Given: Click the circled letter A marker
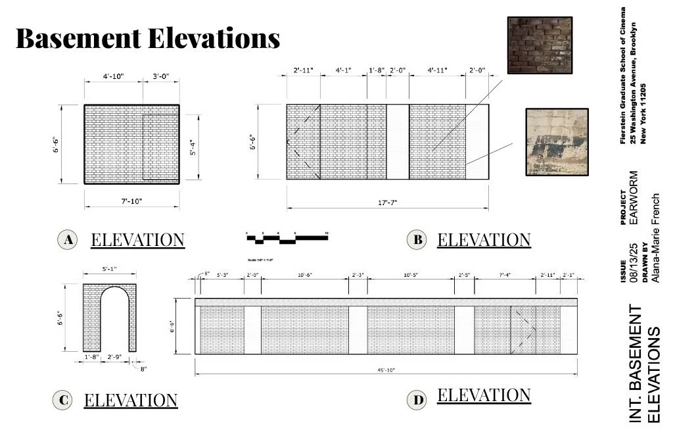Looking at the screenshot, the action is point(67,240).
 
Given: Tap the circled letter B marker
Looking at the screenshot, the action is point(417,240).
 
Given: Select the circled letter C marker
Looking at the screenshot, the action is point(62,400).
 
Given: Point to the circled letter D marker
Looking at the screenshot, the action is point(416,399).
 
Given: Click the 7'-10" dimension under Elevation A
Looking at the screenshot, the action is point(131,201).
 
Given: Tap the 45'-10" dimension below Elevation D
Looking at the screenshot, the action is point(385,370).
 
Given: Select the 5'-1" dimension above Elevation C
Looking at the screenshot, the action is point(109,269).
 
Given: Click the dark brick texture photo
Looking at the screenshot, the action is point(540,45).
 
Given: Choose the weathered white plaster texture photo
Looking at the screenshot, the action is point(556,141).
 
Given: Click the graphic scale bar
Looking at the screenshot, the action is point(287,237).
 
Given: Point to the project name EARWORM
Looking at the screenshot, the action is point(634,198).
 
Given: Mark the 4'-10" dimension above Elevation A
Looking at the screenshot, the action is point(112,77).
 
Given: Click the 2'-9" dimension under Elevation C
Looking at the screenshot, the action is point(114,356).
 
